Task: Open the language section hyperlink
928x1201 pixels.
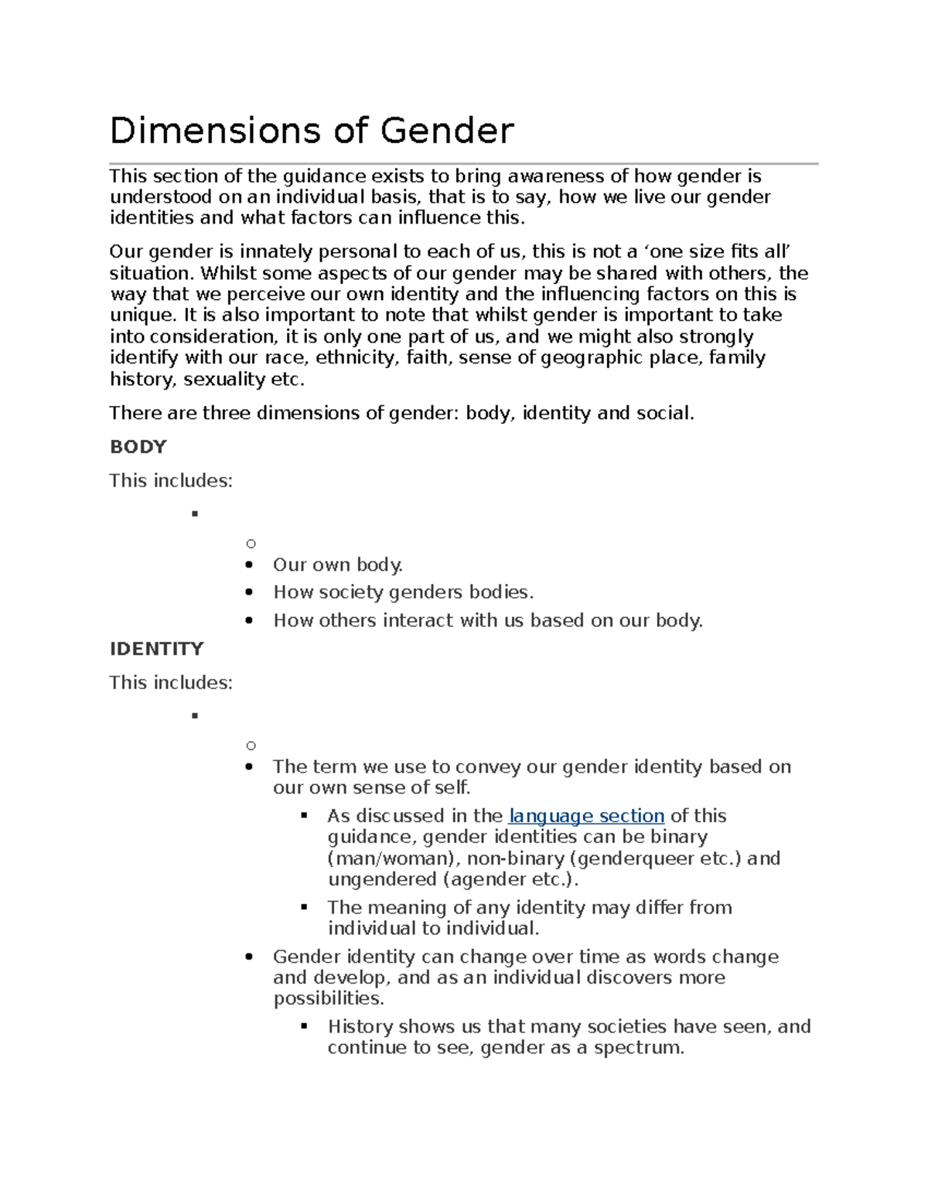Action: (x=586, y=816)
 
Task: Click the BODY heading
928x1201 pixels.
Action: (x=138, y=447)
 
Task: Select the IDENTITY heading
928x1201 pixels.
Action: (x=157, y=649)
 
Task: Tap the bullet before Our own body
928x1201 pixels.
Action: (x=248, y=565)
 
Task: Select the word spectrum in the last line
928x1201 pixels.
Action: (x=638, y=1048)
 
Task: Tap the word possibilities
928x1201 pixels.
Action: (x=328, y=998)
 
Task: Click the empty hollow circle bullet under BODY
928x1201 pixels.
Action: (x=251, y=544)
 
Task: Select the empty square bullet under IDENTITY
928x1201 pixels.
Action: (x=195, y=715)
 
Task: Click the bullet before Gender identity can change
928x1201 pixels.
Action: (x=248, y=957)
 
